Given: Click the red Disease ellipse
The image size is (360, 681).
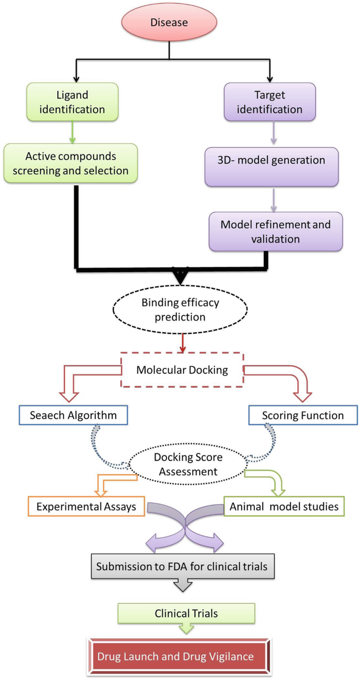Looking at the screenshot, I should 169,22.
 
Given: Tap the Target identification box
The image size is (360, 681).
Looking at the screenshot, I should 270,102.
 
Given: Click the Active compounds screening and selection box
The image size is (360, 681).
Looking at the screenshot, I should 71,163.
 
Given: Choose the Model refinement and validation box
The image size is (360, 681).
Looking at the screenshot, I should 275,231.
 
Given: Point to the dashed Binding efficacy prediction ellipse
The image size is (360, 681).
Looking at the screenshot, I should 180,309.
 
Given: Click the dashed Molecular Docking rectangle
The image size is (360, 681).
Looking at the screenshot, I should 182,369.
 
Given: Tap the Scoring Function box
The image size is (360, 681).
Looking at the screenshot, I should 302,415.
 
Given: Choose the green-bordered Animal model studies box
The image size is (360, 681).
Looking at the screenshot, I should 284,507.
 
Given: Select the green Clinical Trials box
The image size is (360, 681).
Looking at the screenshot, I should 187,613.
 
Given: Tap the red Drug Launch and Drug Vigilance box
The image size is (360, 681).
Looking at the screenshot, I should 180,656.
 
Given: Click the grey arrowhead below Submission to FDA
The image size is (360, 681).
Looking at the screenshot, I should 183,586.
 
